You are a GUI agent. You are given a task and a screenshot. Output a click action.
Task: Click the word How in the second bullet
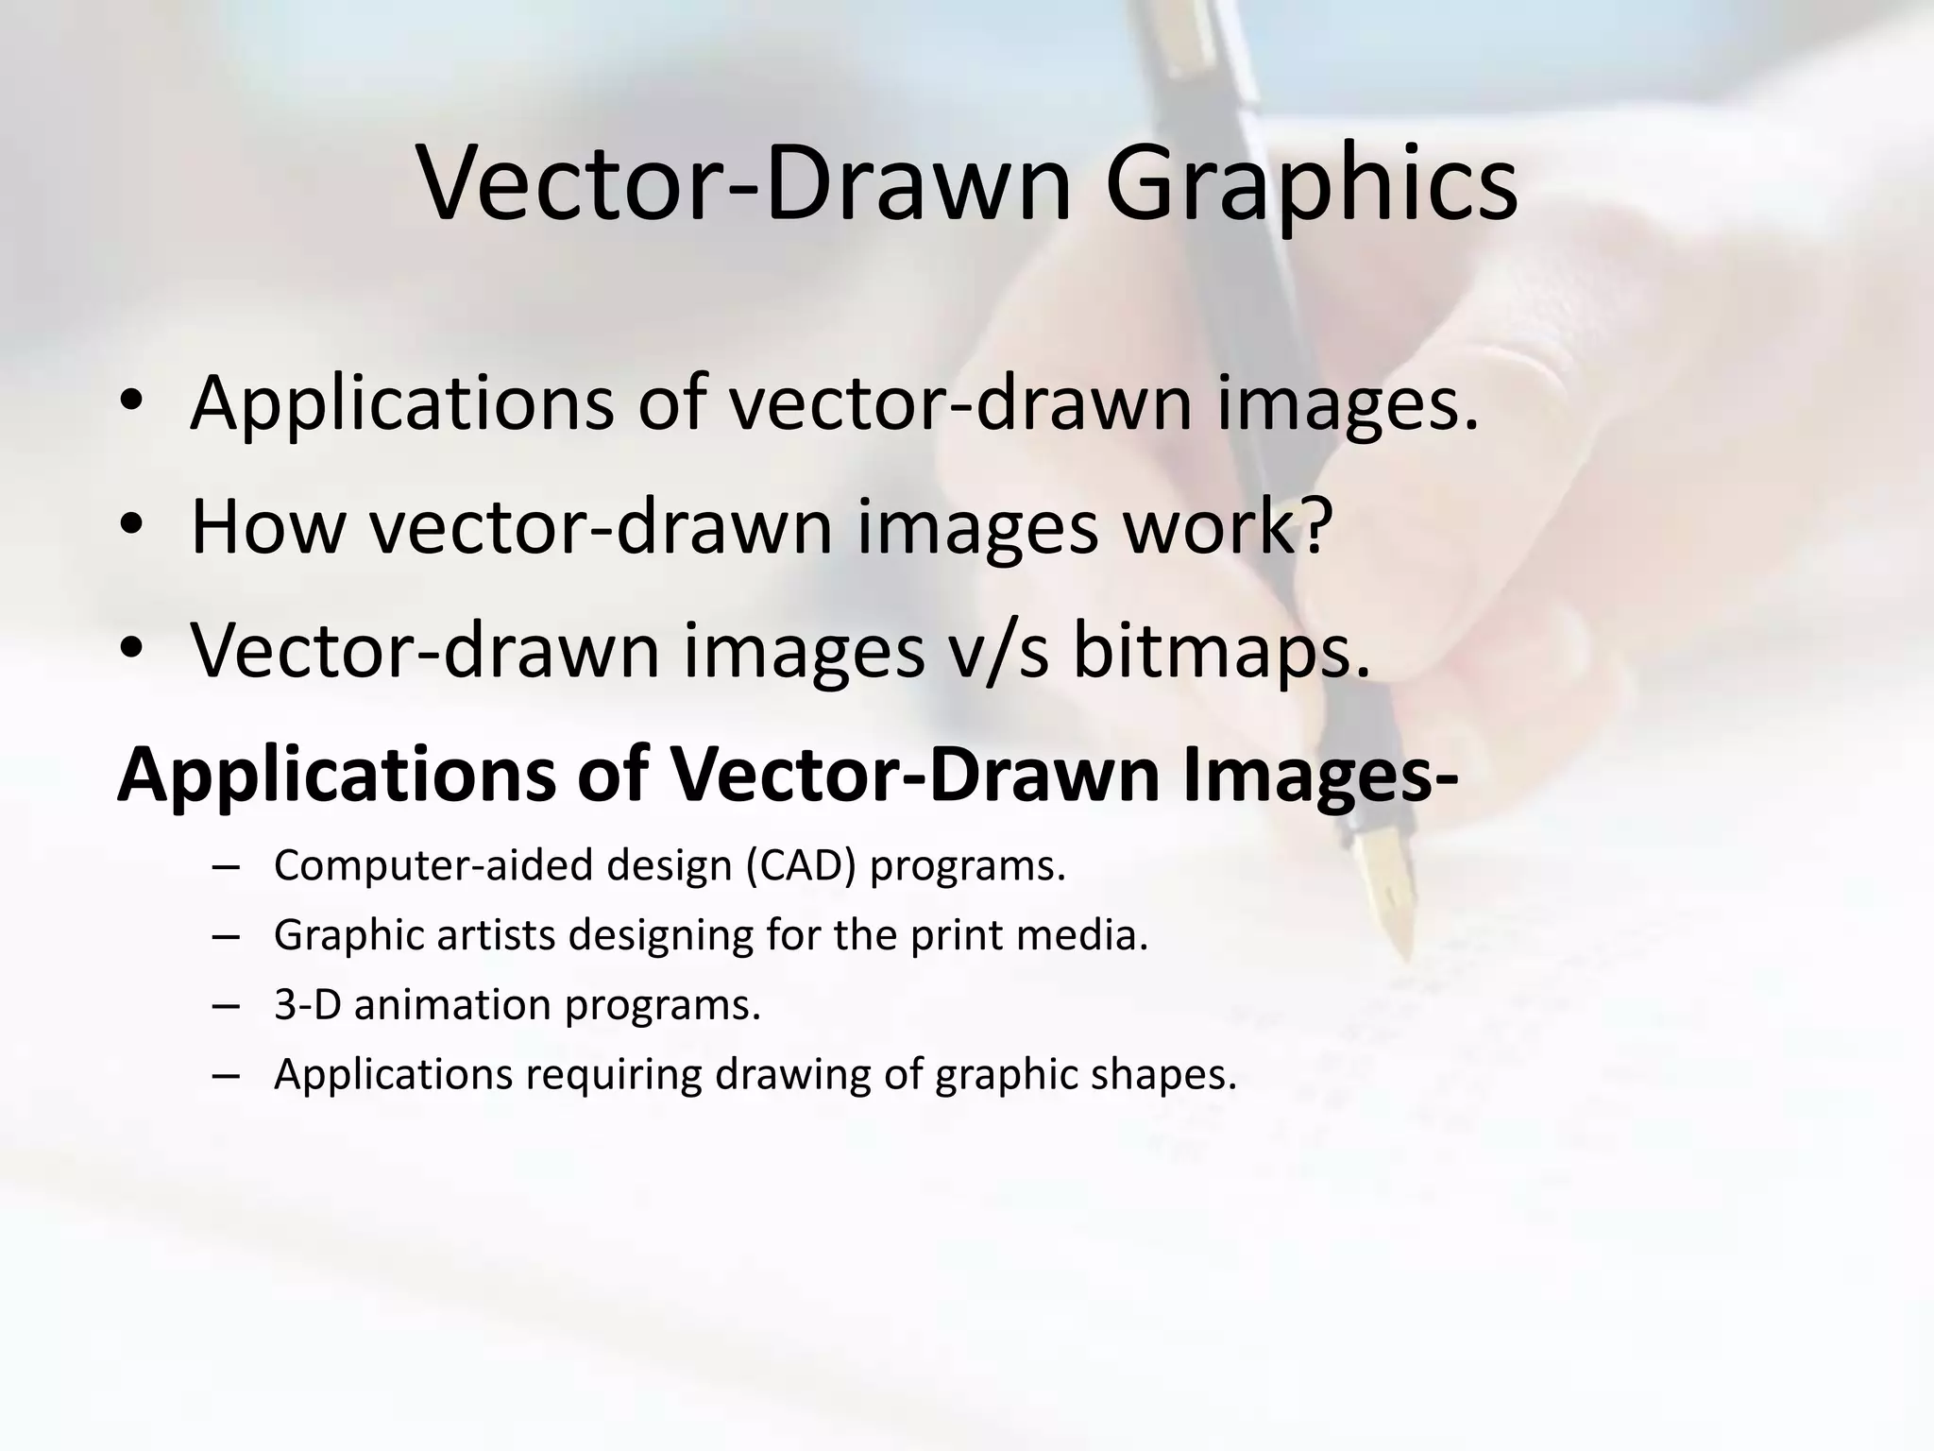[x=268, y=526]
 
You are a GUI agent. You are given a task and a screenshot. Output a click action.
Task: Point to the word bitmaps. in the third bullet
[x=1221, y=651]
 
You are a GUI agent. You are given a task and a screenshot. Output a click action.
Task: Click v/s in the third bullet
[x=998, y=651]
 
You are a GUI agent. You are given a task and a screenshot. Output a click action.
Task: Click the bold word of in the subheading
[x=611, y=776]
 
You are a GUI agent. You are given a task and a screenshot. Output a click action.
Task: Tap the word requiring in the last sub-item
[x=614, y=1075]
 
